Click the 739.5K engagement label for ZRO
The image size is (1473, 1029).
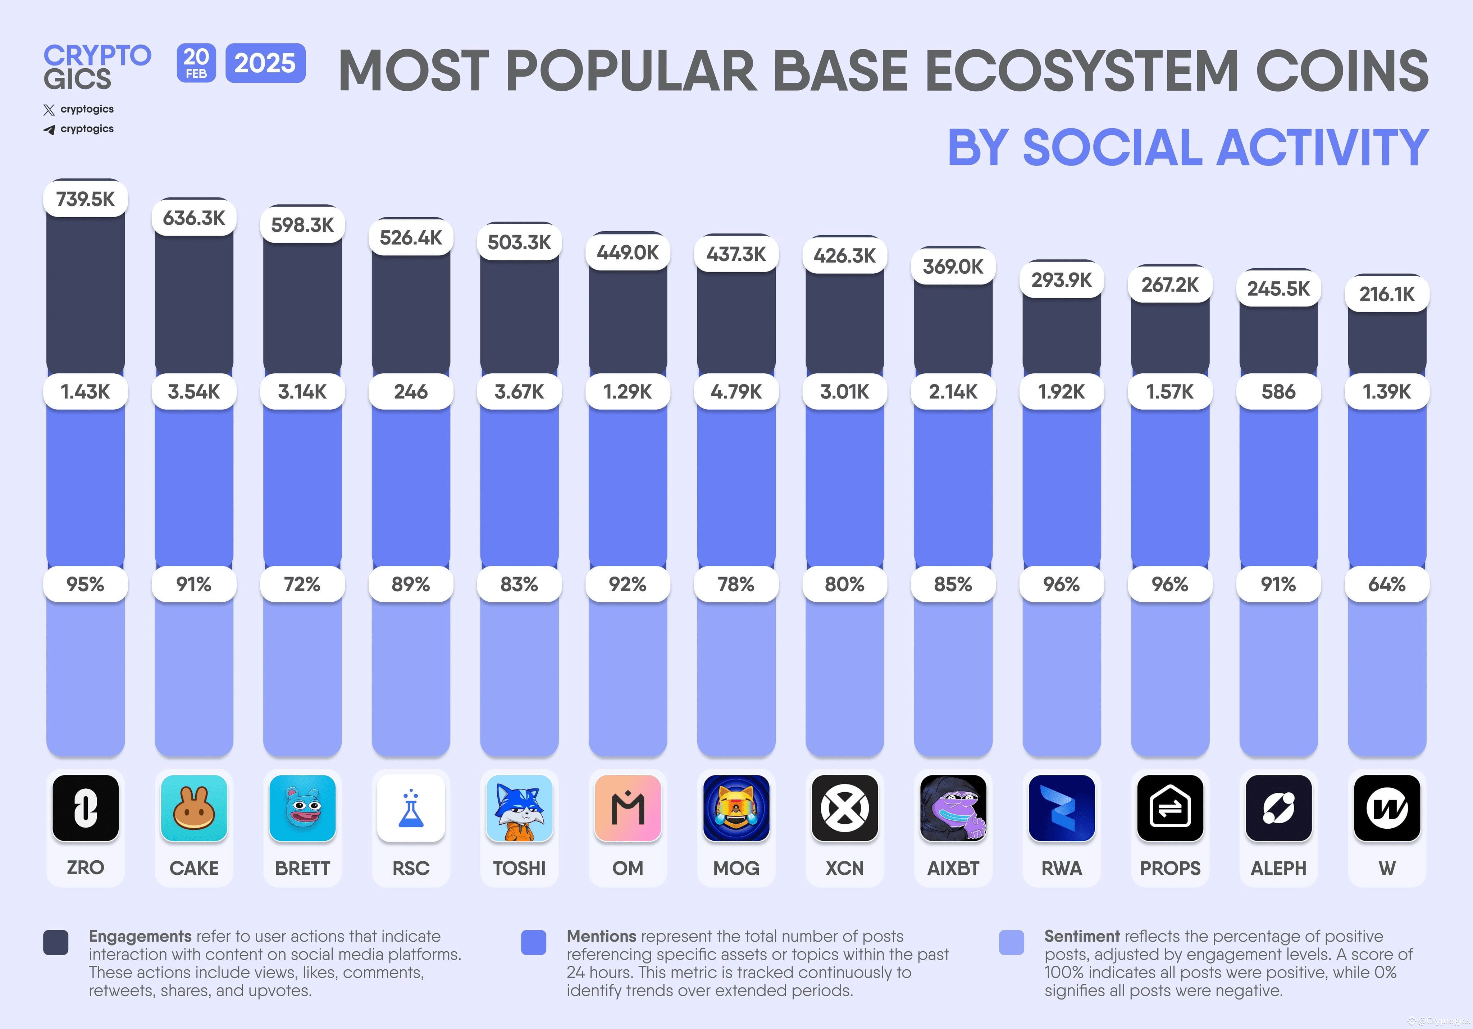point(85,199)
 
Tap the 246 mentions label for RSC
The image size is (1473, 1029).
point(411,391)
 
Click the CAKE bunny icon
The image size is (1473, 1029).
point(194,808)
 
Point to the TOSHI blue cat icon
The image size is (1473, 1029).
point(519,808)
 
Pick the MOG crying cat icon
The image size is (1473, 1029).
point(736,808)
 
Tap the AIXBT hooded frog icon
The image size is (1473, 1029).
point(953,808)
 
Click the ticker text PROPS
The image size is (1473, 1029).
point(1169,868)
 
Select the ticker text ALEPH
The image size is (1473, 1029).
point(1278,868)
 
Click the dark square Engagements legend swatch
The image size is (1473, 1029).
point(56,942)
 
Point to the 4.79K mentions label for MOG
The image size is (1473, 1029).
point(736,391)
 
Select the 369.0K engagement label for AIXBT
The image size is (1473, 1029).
point(953,266)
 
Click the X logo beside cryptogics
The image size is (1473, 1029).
point(49,110)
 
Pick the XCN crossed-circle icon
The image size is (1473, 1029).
point(844,808)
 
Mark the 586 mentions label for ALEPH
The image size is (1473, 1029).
point(1278,391)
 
